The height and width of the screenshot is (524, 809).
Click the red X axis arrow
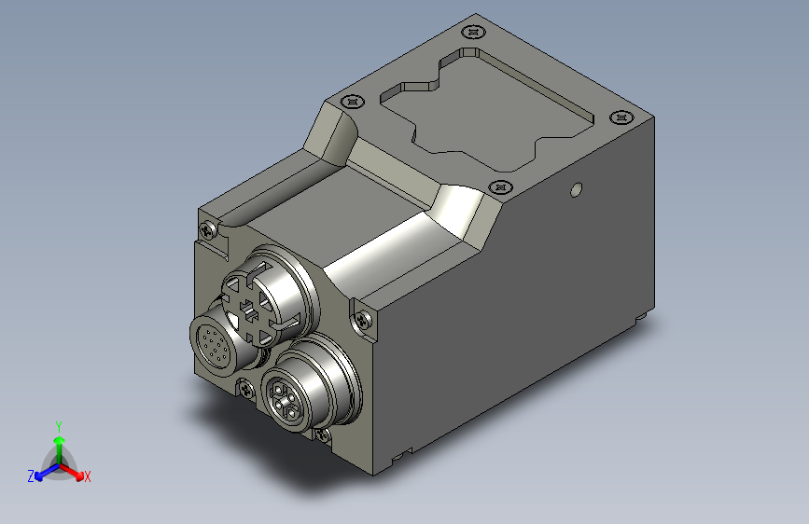tap(76, 470)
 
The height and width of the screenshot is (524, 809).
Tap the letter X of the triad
tap(88, 477)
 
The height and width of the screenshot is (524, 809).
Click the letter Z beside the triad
tap(31, 476)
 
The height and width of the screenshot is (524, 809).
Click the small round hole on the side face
tap(576, 191)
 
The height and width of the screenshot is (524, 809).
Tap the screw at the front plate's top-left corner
tap(207, 227)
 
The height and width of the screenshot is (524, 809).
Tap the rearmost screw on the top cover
tap(474, 32)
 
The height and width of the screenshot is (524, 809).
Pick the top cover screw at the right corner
tap(621, 118)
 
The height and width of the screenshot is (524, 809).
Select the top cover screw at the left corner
tap(352, 101)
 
